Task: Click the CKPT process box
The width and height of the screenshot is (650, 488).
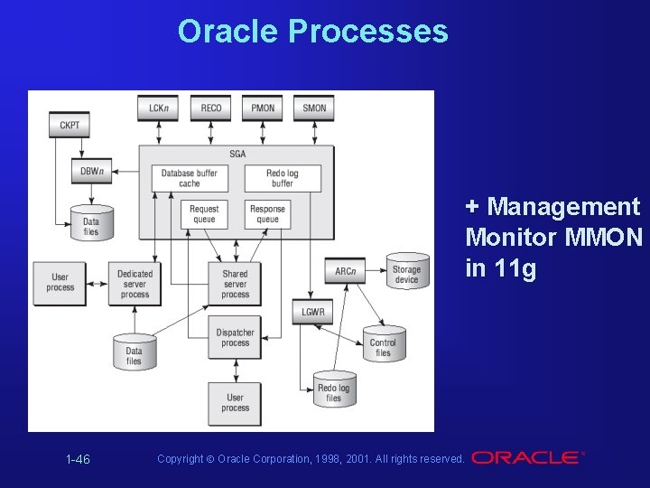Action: [70, 124]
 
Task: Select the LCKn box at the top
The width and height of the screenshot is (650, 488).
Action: [159, 108]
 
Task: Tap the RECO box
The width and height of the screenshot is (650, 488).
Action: [211, 108]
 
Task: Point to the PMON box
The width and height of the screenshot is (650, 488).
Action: [263, 108]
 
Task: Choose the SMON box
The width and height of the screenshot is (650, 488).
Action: [314, 108]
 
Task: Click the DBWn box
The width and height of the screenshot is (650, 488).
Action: [91, 171]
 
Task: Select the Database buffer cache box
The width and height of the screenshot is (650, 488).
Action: [190, 178]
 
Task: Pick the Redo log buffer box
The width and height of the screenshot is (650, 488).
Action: [282, 178]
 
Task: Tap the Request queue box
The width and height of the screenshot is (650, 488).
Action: [204, 214]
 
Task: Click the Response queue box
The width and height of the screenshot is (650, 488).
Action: [267, 214]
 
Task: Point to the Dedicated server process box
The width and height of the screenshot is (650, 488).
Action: [135, 283]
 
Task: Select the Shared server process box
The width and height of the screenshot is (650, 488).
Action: [235, 283]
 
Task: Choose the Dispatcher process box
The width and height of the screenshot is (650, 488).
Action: [235, 338]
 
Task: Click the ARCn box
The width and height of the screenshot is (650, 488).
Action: [345, 271]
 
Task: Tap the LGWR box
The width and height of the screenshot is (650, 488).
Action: [313, 313]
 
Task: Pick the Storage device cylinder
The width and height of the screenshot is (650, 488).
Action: [406, 271]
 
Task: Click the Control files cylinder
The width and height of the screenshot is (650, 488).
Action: [383, 345]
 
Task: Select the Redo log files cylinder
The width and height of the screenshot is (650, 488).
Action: [333, 389]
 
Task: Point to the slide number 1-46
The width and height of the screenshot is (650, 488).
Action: [78, 460]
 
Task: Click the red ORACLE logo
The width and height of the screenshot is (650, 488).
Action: [525, 457]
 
